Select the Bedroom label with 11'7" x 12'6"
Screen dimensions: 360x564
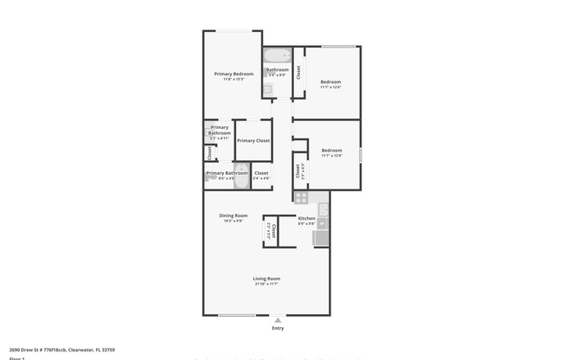(330, 82)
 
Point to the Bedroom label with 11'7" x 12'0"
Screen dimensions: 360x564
(330, 151)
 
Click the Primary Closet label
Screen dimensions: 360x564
(253, 140)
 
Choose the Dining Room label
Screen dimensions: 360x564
(233, 215)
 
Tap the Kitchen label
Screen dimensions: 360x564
(306, 218)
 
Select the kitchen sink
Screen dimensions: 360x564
(323, 209)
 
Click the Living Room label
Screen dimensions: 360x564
(266, 279)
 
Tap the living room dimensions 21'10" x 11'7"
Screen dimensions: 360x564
(266, 284)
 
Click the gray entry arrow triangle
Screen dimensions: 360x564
(278, 318)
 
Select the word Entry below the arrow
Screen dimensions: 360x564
(278, 328)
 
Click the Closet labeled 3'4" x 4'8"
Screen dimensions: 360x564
(261, 174)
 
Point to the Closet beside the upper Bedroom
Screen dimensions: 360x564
(298, 73)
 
